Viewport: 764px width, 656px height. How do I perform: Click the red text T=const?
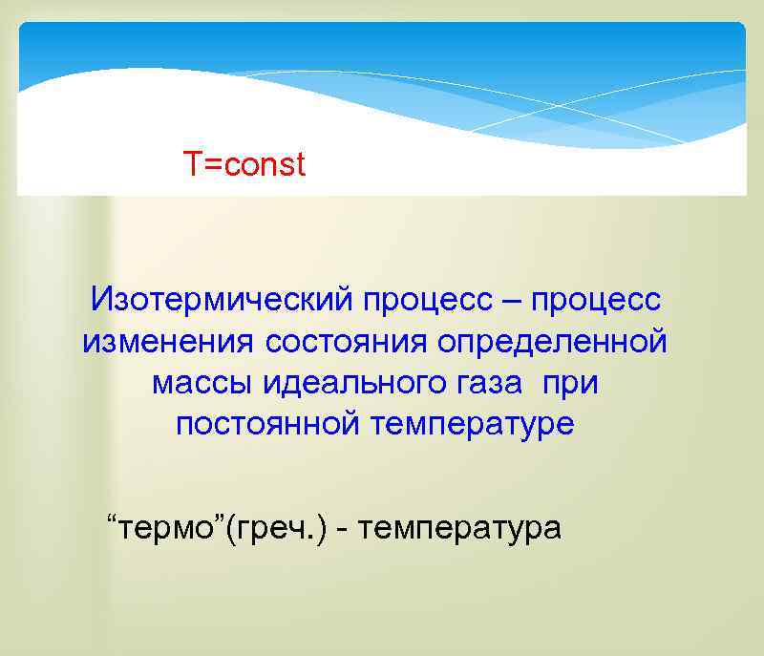click(245, 165)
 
